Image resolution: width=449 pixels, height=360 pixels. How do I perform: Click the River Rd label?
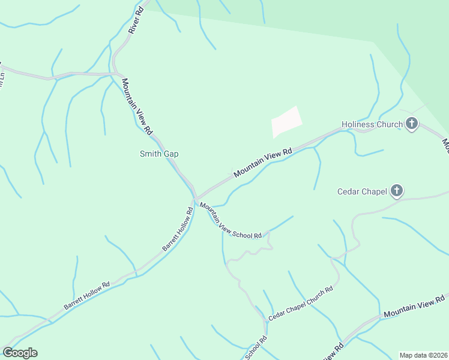click(136, 21)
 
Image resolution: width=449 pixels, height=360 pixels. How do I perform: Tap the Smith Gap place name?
click(159, 154)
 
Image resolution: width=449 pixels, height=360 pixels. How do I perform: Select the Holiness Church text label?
click(372, 125)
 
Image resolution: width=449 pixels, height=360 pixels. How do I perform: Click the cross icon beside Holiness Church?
click(412, 125)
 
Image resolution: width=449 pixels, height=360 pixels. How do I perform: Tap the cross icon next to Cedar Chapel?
click(396, 191)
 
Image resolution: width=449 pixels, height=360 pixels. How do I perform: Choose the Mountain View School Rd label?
click(231, 221)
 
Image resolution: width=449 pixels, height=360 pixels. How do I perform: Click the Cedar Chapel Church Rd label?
click(300, 303)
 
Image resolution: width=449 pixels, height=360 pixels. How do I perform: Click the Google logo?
click(20, 353)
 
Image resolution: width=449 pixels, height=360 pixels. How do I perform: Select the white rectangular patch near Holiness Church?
click(286, 122)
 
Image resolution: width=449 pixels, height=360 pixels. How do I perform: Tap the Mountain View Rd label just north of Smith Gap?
click(137, 106)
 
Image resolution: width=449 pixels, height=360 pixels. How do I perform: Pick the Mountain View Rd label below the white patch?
click(262, 162)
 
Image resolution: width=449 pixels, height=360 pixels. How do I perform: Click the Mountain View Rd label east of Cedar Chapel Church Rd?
click(414, 306)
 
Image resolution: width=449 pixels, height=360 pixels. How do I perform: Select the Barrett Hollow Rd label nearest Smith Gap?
click(178, 229)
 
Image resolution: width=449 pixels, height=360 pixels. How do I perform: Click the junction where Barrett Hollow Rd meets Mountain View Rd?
click(195, 199)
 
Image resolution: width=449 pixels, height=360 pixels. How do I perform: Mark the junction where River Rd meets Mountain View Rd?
click(115, 74)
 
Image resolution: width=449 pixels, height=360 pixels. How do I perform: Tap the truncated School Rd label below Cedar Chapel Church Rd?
click(256, 348)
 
